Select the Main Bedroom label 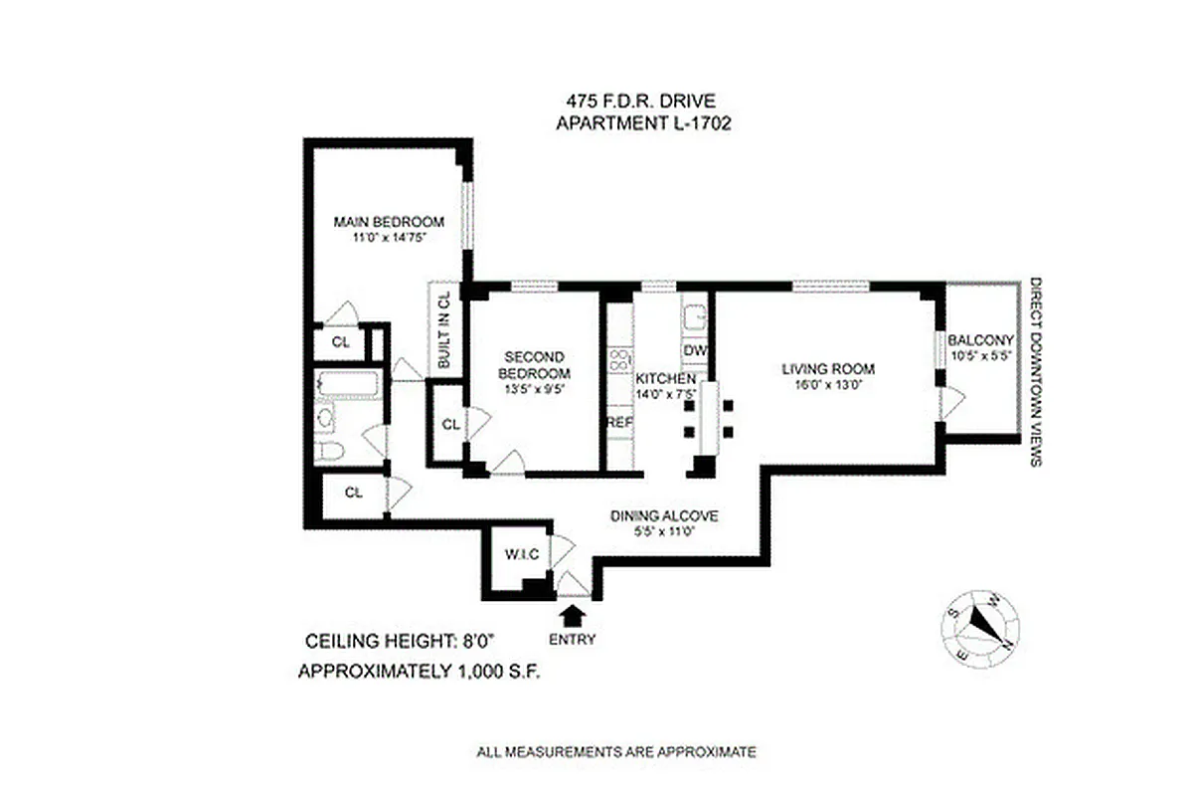click(x=388, y=221)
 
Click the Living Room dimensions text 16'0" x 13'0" click(x=828, y=386)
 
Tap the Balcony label click(x=980, y=338)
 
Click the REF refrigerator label click(x=619, y=423)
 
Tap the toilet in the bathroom click(x=331, y=451)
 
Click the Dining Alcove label click(x=663, y=515)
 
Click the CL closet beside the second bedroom click(x=449, y=424)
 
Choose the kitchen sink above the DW click(x=693, y=316)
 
